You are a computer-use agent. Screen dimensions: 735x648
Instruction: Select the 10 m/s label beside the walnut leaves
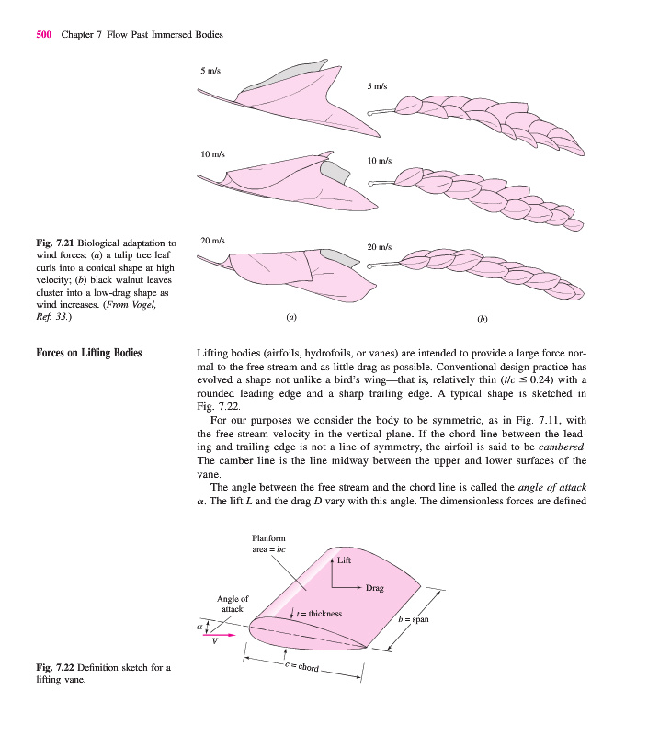pos(380,161)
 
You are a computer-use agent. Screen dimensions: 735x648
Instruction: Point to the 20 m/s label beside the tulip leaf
pos(212,241)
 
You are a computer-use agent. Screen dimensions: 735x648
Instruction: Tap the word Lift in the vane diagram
pos(344,560)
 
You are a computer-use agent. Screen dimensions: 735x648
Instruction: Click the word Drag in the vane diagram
pos(374,587)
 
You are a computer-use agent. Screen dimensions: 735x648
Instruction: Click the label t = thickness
pos(321,613)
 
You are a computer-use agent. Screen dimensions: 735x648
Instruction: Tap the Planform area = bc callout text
pos(270,543)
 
